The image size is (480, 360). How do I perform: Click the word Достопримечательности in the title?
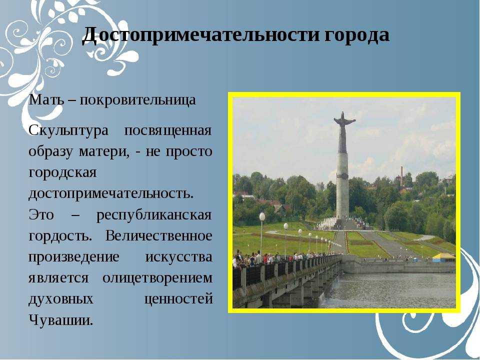[x=201, y=34]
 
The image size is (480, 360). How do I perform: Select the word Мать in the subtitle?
[x=45, y=99]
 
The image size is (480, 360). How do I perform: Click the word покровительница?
[x=138, y=100]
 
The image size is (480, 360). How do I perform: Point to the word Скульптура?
[x=68, y=131]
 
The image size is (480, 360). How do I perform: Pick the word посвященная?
[x=168, y=131]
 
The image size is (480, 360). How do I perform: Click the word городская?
[x=63, y=173]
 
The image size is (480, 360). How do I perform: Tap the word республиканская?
[x=154, y=215]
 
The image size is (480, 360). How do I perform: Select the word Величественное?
[x=159, y=235]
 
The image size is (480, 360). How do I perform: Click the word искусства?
[x=179, y=257]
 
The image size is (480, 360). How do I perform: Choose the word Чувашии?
[x=61, y=320]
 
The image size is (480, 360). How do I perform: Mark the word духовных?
[x=61, y=299]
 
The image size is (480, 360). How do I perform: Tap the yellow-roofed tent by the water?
[x=443, y=257]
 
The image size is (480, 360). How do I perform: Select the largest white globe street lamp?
[x=262, y=216]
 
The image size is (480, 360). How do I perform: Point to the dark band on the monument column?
[x=342, y=176]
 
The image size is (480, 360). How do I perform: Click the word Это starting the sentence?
[x=41, y=214]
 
